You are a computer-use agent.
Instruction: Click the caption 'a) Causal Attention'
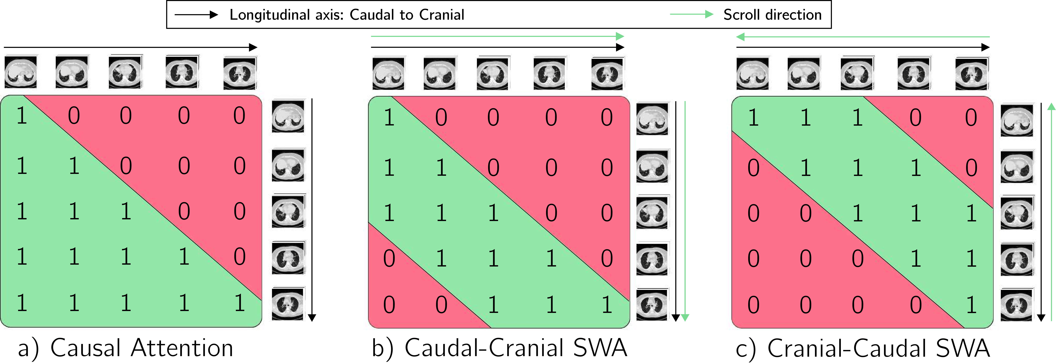click(125, 348)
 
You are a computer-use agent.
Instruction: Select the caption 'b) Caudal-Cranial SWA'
click(499, 348)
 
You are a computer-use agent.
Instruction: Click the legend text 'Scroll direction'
click(772, 15)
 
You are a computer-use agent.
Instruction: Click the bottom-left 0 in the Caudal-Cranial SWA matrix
click(389, 305)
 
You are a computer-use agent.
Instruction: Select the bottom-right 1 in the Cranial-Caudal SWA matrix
click(971, 305)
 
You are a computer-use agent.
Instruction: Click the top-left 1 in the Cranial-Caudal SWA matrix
click(754, 118)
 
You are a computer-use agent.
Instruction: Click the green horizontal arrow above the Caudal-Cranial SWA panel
click(498, 36)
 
